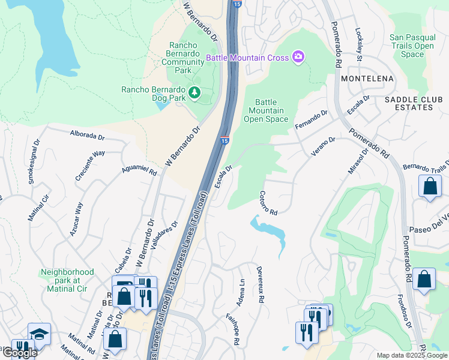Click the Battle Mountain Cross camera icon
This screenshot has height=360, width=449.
click(x=298, y=58)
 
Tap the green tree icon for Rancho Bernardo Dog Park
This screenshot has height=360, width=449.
click(x=194, y=92)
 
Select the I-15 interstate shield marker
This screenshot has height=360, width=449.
click(x=224, y=140)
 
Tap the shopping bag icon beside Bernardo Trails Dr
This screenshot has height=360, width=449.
click(x=430, y=186)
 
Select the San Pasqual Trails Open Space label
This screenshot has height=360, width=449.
click(x=412, y=46)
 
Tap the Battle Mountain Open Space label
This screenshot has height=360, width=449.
click(x=266, y=110)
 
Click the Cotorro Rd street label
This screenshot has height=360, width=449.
click(x=268, y=203)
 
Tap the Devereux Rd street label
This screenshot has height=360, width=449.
click(x=261, y=284)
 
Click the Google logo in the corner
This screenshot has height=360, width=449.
click(x=19, y=353)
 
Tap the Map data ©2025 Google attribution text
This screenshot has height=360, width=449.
click(x=411, y=355)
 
